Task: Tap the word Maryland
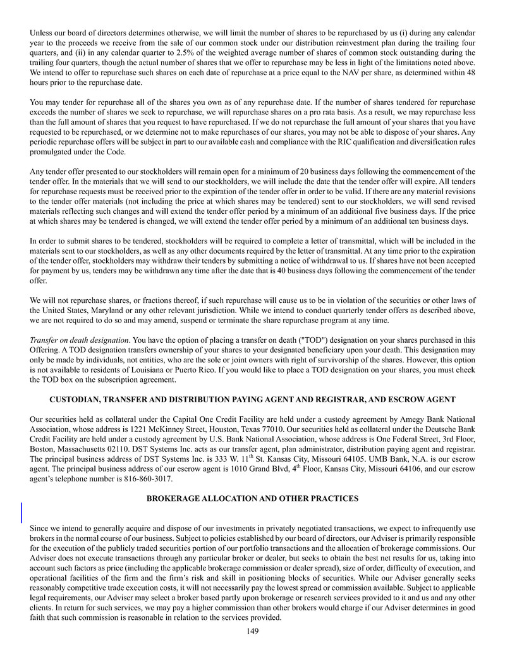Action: coord(95,310)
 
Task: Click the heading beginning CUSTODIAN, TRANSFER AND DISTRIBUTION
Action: coord(252,400)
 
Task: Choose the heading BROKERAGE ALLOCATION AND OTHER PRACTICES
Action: coord(252,498)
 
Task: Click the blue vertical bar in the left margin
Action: coord(22,512)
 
